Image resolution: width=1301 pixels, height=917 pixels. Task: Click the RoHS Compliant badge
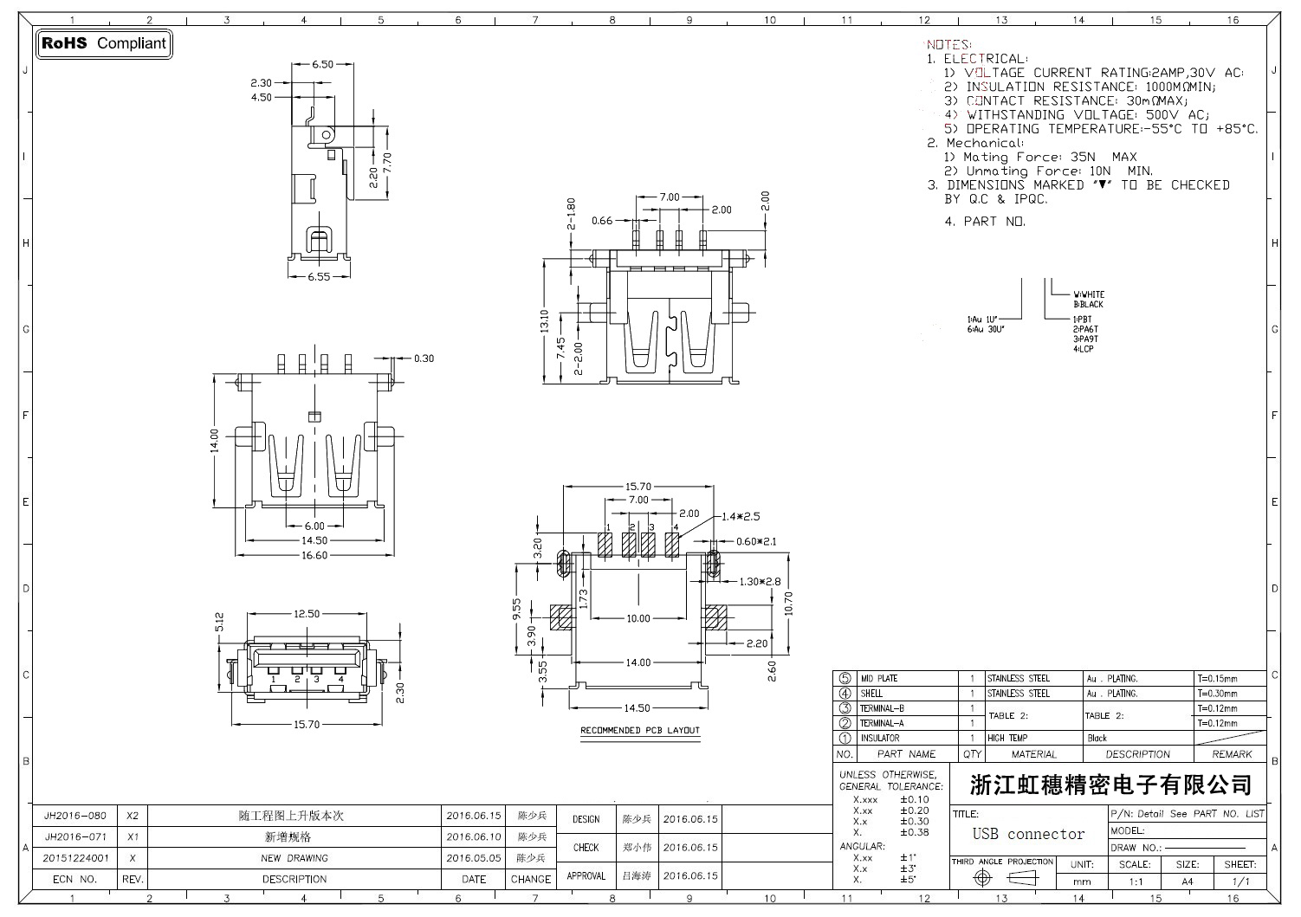coord(103,43)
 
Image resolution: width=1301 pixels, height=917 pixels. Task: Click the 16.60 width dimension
coord(314,555)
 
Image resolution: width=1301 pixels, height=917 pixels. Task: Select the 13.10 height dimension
coord(544,321)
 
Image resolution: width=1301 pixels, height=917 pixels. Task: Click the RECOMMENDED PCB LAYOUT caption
coord(639,731)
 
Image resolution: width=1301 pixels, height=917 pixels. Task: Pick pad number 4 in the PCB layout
coord(673,544)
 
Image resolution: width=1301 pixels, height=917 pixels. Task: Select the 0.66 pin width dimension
coord(602,221)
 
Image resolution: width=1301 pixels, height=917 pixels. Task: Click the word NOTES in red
coord(948,44)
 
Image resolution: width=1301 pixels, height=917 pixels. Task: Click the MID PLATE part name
coord(878,679)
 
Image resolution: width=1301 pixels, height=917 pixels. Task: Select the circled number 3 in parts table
coord(845,708)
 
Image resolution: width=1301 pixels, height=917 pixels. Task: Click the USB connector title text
coord(1028,834)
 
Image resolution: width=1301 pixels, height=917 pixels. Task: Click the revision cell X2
coord(133,816)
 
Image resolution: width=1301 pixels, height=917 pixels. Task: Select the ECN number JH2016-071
coord(75,837)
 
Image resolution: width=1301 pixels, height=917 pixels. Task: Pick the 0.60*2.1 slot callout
coord(756,541)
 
